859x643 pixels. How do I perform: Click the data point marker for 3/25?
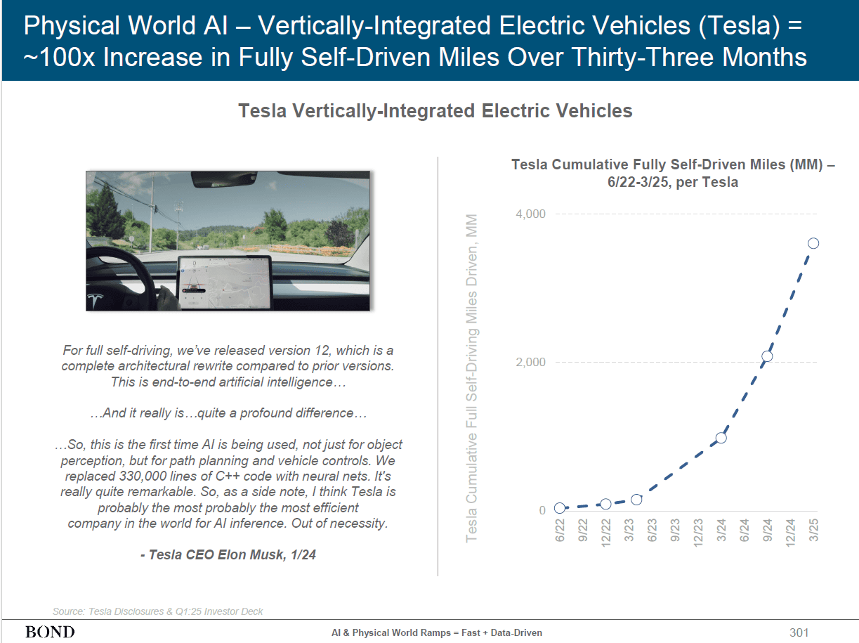point(813,243)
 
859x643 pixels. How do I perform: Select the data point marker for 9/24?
point(767,356)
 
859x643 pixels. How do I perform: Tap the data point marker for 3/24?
point(721,438)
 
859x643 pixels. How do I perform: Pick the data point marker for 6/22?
point(560,508)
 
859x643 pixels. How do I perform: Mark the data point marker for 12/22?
point(605,504)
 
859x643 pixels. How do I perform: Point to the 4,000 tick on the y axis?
point(531,214)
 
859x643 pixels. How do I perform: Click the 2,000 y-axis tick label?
point(531,363)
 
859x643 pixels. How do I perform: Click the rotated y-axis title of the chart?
point(472,378)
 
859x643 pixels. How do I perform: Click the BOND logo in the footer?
point(50,632)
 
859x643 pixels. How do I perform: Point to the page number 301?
point(799,632)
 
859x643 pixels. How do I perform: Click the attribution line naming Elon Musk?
point(228,554)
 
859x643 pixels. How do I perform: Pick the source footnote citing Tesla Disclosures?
point(158,611)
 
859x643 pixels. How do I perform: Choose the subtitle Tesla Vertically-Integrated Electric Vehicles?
point(435,111)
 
